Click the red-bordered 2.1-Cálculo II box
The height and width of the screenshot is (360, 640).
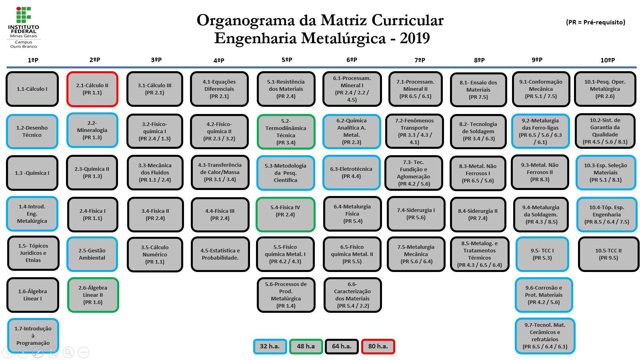click(92, 89)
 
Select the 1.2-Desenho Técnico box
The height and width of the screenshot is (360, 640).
click(32, 131)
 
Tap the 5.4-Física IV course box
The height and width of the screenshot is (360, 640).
click(285, 214)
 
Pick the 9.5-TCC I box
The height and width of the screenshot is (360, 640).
click(542, 254)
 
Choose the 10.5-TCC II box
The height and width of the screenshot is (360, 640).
click(608, 254)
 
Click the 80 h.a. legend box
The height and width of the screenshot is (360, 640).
click(378, 346)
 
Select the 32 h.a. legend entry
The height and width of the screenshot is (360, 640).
click(270, 346)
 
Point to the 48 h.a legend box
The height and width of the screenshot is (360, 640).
click(306, 346)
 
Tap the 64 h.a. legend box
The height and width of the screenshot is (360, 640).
click(342, 346)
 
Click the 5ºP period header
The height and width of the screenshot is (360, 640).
click(287, 60)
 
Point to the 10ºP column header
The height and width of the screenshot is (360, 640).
click(608, 60)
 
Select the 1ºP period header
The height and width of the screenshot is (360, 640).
click(33, 60)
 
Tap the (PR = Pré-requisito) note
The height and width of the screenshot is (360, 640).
click(596, 22)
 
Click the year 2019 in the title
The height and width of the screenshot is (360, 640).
click(415, 38)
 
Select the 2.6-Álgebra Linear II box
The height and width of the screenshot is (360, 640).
click(93, 295)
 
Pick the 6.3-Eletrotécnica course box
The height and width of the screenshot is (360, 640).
click(351, 172)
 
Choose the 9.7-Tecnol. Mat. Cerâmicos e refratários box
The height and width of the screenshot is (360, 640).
click(545, 336)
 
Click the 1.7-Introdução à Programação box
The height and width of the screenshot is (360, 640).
click(33, 336)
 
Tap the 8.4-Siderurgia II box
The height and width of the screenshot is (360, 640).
click(478, 214)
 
